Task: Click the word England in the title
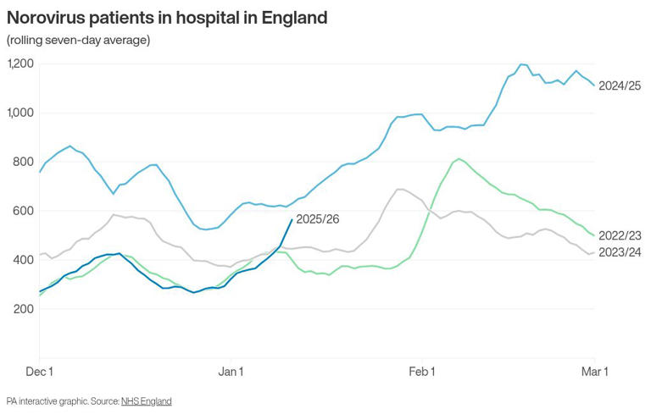tap(287, 17)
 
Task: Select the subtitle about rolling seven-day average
tap(78, 41)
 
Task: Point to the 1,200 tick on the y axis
tap(19, 64)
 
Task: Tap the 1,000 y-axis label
tap(19, 113)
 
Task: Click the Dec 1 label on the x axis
tap(40, 372)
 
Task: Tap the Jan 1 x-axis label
tap(231, 372)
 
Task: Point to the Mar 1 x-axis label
tap(593, 372)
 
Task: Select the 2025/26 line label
tap(320, 219)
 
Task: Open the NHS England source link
tap(147, 400)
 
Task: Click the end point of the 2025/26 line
tap(292, 219)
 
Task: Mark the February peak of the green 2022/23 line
tap(459, 158)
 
